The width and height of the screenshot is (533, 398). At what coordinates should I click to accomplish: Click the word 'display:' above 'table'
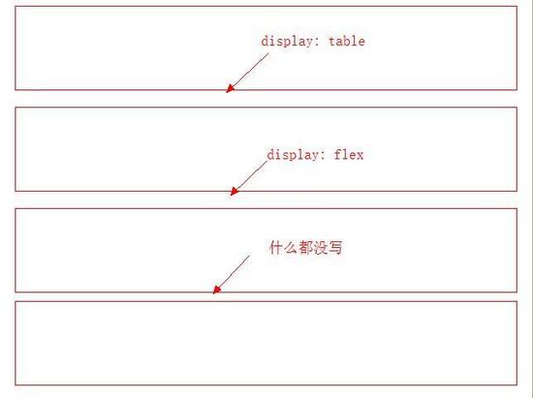click(x=291, y=42)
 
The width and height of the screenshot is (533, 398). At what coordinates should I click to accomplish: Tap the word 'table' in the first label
click(x=347, y=41)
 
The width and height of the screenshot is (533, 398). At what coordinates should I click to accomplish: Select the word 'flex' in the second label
click(x=349, y=155)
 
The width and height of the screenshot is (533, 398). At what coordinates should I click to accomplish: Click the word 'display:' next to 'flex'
click(x=297, y=155)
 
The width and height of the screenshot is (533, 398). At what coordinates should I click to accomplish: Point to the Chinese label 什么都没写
click(x=305, y=248)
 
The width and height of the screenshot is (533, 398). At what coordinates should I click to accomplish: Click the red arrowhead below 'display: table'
click(x=230, y=88)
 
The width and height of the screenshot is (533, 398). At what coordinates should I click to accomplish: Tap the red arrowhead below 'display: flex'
click(x=235, y=191)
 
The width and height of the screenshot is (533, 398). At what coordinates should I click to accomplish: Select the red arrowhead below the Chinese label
click(x=216, y=290)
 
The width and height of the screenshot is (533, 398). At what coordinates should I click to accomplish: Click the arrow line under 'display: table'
click(x=247, y=73)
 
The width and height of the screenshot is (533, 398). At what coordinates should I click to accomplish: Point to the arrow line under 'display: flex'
click(x=248, y=178)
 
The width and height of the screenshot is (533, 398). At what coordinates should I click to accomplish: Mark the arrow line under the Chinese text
click(x=232, y=275)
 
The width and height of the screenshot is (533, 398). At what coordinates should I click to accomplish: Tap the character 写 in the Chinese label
click(x=335, y=248)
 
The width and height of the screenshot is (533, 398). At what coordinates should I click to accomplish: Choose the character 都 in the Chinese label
click(x=305, y=248)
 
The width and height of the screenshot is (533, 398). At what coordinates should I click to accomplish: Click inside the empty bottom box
click(x=266, y=344)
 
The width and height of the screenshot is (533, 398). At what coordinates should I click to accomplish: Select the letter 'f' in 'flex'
click(x=338, y=155)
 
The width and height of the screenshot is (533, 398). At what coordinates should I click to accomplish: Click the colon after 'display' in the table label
click(x=317, y=43)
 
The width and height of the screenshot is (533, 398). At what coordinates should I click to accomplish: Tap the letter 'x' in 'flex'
click(x=360, y=156)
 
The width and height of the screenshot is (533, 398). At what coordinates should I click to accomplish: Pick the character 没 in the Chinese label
click(x=321, y=248)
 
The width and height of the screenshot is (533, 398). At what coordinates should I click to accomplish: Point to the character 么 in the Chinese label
click(x=291, y=248)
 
